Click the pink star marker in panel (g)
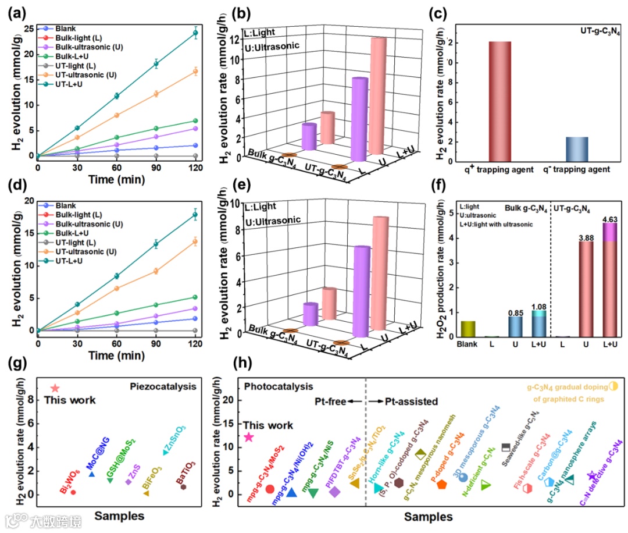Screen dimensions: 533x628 55,388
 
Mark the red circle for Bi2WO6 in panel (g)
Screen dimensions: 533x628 73,492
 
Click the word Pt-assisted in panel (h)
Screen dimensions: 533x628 413,401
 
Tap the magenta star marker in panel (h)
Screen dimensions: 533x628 248,437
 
